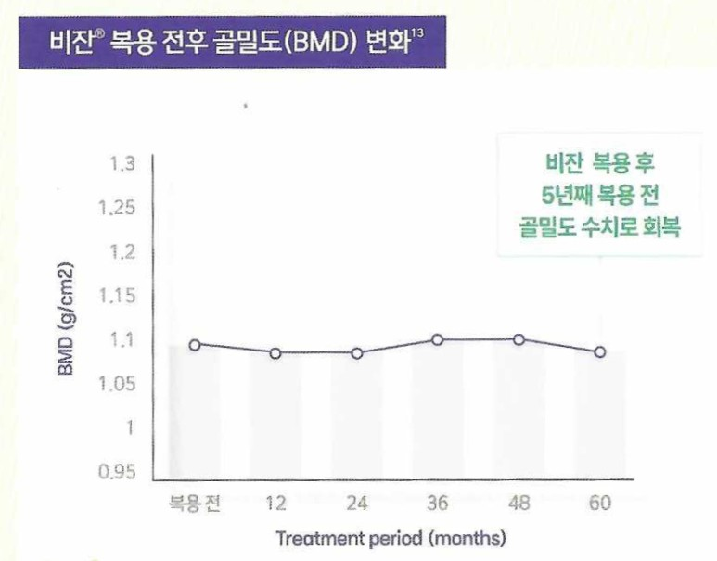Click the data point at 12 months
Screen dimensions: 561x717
(x=276, y=353)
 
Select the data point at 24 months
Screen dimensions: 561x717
(x=357, y=353)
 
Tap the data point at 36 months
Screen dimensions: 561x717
(x=438, y=340)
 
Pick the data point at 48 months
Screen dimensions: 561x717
(x=519, y=340)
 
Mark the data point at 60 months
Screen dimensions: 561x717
(x=600, y=352)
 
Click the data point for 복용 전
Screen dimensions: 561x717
(x=195, y=345)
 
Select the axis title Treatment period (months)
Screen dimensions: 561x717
(x=391, y=538)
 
